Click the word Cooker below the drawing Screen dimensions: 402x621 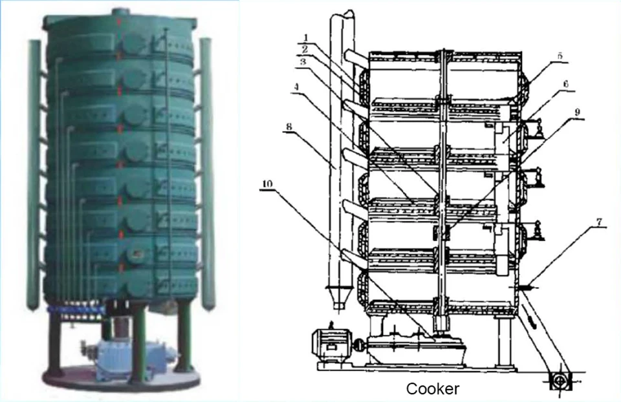[x=433, y=389]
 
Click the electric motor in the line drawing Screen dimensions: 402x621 [x=332, y=343]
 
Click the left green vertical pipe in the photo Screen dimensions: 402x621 [x=33, y=175]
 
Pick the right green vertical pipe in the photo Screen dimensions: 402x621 [x=206, y=175]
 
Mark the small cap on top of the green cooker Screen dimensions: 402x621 [x=121, y=11]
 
